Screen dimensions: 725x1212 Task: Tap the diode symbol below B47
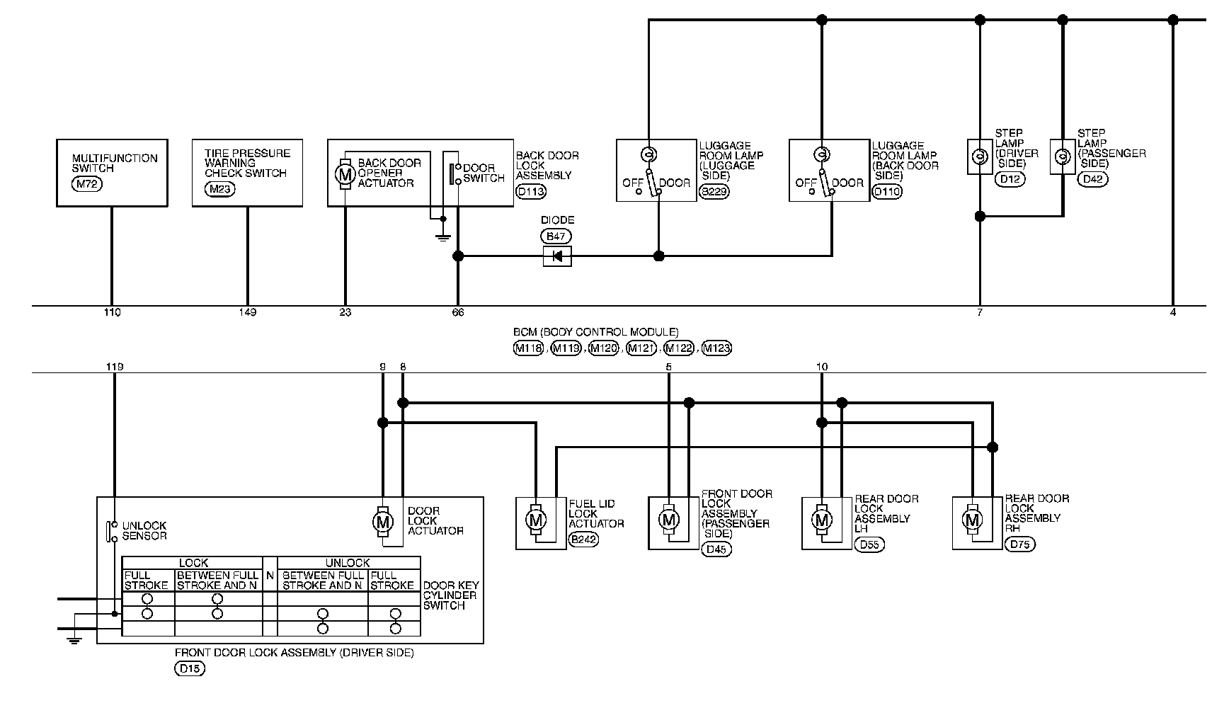pyautogui.click(x=557, y=256)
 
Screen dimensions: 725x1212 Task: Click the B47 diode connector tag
pyautogui.click(x=556, y=236)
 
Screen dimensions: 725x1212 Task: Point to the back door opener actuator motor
pyautogui.click(x=345, y=173)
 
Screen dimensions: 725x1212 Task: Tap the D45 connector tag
pyautogui.click(x=716, y=549)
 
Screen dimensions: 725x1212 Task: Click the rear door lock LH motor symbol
pyautogui.click(x=822, y=520)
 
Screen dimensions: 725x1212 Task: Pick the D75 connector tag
pyautogui.click(x=1019, y=544)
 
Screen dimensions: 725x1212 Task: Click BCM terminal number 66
pyautogui.click(x=458, y=312)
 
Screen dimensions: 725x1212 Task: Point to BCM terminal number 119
pyautogui.click(x=114, y=367)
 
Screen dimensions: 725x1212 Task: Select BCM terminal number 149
pyautogui.click(x=248, y=312)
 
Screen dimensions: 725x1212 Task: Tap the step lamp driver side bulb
pyautogui.click(x=980, y=156)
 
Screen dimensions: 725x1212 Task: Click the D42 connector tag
pyautogui.click(x=1093, y=180)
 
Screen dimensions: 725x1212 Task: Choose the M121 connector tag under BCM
pyautogui.click(x=641, y=348)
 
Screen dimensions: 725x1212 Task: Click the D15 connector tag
pyautogui.click(x=189, y=668)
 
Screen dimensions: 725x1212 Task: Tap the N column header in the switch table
pyautogui.click(x=270, y=576)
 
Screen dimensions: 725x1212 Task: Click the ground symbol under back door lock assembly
pyautogui.click(x=443, y=238)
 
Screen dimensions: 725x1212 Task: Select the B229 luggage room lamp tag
pyautogui.click(x=714, y=191)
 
